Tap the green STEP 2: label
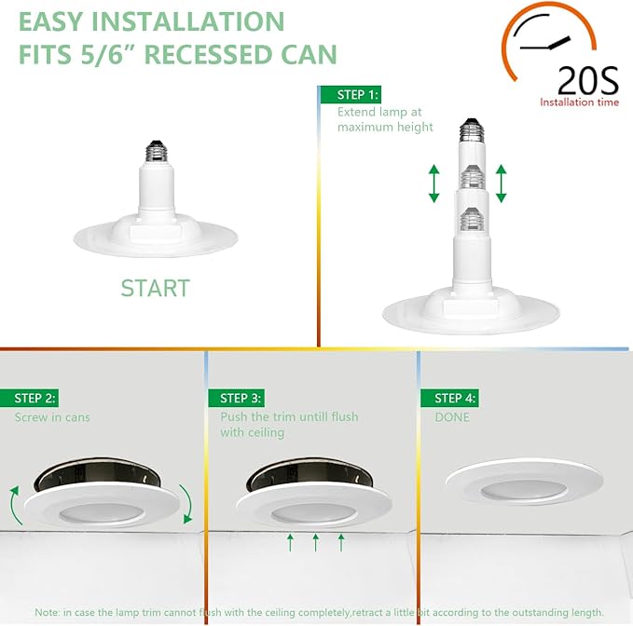click(x=35, y=398)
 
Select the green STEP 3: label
click(x=241, y=398)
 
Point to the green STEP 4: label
click(x=455, y=398)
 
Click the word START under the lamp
click(x=155, y=288)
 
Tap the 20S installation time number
click(x=587, y=82)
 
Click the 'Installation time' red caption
click(x=579, y=102)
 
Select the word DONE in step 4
click(x=452, y=417)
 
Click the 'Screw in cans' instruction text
click(x=52, y=417)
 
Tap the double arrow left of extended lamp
click(x=434, y=184)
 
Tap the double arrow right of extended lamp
click(x=502, y=184)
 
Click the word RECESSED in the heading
click(x=196, y=54)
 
